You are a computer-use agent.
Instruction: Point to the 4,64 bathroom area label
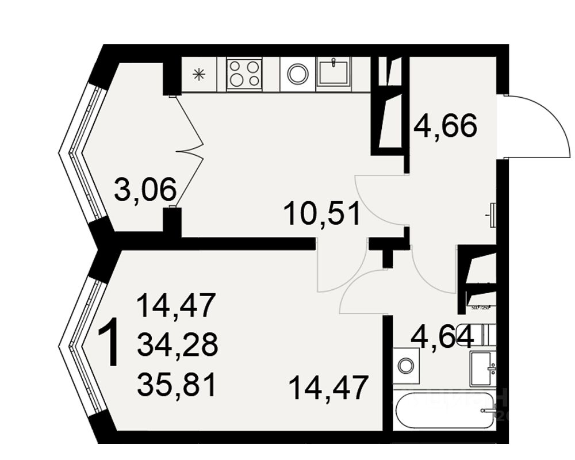point(442,337)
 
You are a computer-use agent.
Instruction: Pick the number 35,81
point(178,385)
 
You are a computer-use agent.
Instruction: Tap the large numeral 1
point(109,344)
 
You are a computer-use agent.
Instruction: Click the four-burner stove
point(244,74)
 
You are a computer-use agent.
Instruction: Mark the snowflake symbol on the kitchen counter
point(199,74)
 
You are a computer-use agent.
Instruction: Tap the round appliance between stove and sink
point(298,74)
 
